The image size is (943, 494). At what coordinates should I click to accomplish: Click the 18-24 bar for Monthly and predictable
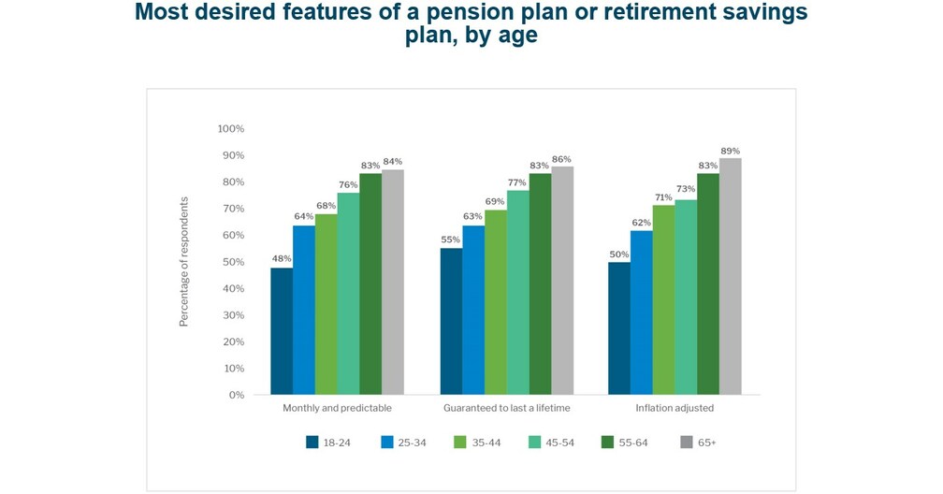pos(282,331)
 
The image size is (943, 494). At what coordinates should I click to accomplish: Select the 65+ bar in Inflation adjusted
pos(730,276)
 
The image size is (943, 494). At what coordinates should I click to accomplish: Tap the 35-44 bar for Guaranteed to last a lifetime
pos(495,302)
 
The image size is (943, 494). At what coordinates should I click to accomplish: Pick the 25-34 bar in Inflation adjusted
pos(641,312)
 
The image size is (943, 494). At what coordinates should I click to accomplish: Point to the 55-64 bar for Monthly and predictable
pos(370,283)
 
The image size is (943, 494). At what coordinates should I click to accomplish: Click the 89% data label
pos(730,151)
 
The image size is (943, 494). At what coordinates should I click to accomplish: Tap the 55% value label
pos(451,240)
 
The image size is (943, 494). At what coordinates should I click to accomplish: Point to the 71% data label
pos(663,197)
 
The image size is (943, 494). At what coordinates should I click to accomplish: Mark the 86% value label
pos(561,159)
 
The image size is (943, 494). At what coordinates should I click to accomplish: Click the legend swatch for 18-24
pos(312,442)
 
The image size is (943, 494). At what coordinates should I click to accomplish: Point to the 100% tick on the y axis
pos(230,128)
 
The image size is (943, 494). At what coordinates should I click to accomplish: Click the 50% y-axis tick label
pos(233,262)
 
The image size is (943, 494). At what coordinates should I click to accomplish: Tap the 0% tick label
pos(236,395)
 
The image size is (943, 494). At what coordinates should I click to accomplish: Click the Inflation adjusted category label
pos(675,409)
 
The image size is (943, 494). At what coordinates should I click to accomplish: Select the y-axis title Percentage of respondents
pos(184,261)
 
